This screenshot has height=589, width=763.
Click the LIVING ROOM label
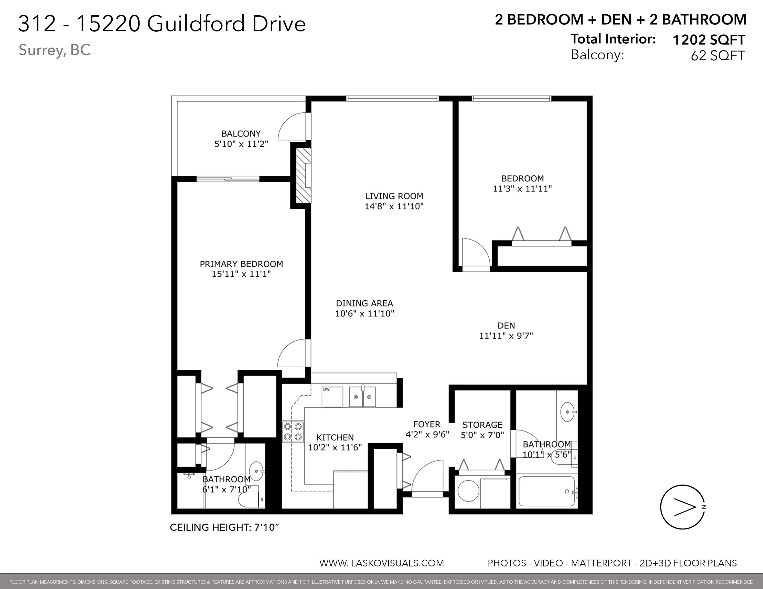(394, 196)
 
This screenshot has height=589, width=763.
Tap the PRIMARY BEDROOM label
(241, 264)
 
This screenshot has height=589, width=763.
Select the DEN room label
(506, 325)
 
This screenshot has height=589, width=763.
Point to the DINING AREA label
(364, 303)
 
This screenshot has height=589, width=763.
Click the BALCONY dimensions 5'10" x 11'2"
(241, 144)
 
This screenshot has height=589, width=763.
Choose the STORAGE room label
(482, 425)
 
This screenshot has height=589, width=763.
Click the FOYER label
(427, 424)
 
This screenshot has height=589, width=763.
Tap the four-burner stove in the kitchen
(293, 432)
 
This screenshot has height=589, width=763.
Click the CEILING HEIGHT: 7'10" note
(224, 527)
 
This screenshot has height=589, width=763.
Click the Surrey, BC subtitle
(55, 50)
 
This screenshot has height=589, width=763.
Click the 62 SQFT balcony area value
(718, 55)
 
